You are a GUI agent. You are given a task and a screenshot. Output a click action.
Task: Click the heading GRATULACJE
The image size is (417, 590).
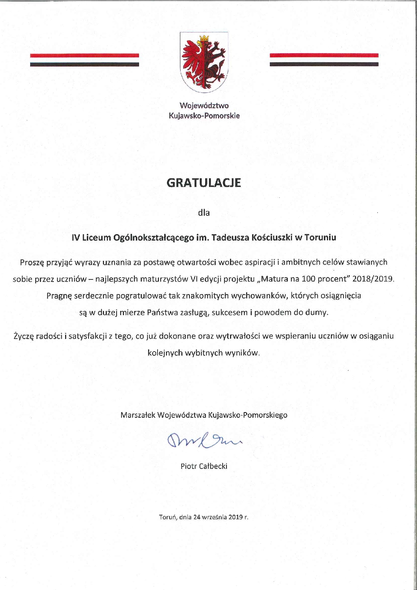204,183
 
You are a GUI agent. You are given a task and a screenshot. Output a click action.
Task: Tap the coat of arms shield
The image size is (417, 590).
204,62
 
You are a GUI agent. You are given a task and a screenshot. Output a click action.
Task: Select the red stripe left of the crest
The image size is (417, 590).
84,55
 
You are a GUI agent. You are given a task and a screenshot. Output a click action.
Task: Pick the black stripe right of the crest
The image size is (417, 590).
324,64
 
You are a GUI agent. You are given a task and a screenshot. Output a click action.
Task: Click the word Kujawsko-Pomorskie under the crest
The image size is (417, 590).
204,116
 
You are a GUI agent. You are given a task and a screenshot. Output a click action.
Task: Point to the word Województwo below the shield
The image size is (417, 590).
204,105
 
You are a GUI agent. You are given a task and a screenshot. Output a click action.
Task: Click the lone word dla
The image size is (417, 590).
204,213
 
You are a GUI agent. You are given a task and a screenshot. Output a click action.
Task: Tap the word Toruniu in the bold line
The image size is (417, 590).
320,237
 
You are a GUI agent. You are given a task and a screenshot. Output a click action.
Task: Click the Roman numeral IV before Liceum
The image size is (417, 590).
76,237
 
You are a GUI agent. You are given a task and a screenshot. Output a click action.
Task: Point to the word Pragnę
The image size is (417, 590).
59,296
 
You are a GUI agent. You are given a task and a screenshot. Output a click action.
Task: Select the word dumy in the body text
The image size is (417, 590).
317,313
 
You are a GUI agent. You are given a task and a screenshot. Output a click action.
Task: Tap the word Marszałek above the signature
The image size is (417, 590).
138,415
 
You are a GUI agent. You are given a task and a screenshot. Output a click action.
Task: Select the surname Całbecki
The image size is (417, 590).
213,466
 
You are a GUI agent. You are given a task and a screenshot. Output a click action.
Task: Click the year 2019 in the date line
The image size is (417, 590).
236,517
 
